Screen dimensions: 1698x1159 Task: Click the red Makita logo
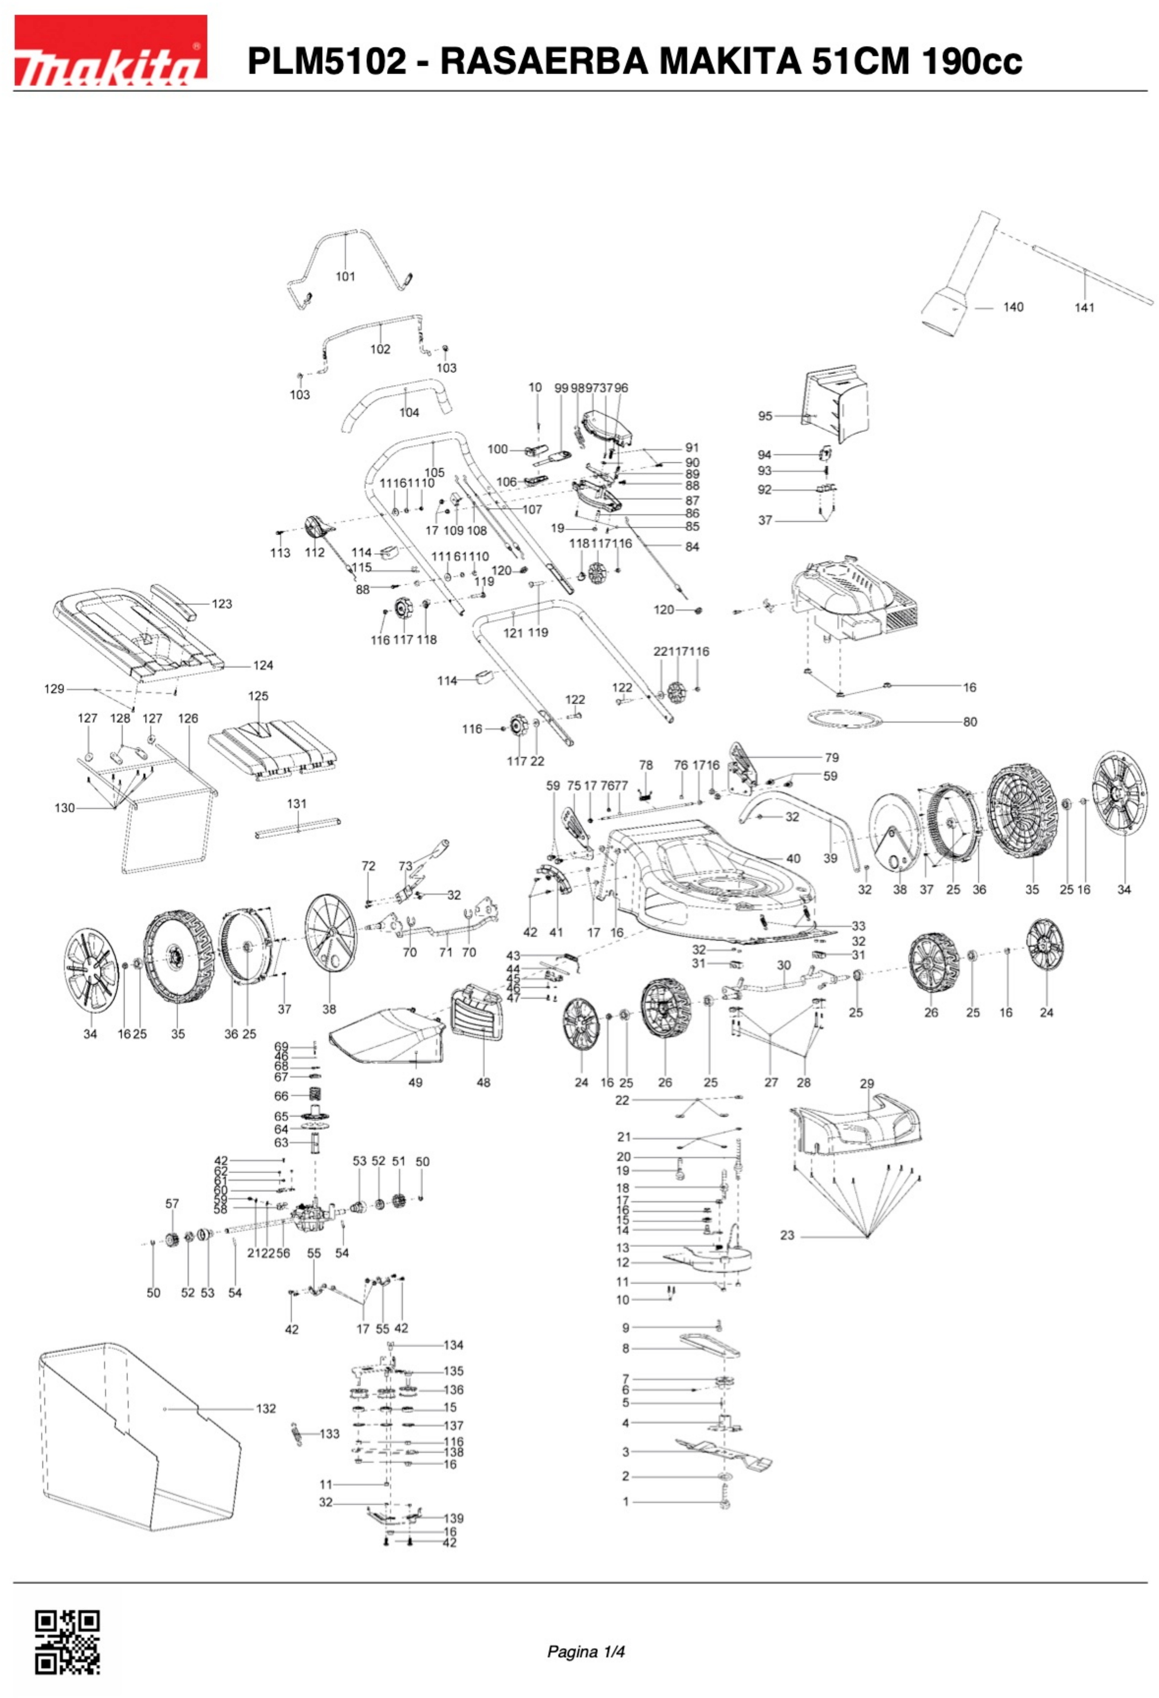click(110, 51)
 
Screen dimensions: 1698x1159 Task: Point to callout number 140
click(1013, 307)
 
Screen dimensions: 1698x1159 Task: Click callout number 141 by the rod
click(1084, 308)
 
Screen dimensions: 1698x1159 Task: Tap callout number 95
click(764, 416)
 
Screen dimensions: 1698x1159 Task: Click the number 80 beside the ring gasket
click(970, 722)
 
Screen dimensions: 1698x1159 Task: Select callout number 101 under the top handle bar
click(345, 276)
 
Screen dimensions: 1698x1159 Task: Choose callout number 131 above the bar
click(297, 804)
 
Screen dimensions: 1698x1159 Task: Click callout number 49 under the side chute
click(415, 1082)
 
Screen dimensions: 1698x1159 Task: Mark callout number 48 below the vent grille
click(483, 1082)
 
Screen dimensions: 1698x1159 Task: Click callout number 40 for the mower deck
click(793, 858)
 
